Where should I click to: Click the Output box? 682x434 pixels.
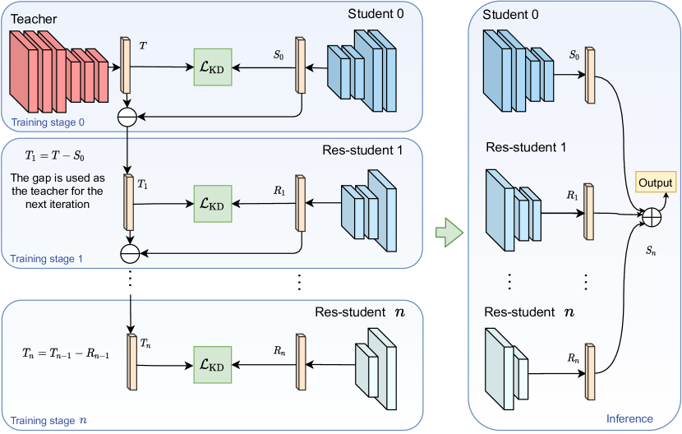[x=655, y=182]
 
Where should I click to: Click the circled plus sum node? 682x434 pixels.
[x=652, y=216]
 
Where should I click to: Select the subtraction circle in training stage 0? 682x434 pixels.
[x=127, y=115]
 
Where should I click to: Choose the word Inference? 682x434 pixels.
[x=629, y=418]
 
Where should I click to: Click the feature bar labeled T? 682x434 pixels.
[x=126, y=65]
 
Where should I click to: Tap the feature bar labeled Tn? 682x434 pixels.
[x=131, y=361]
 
